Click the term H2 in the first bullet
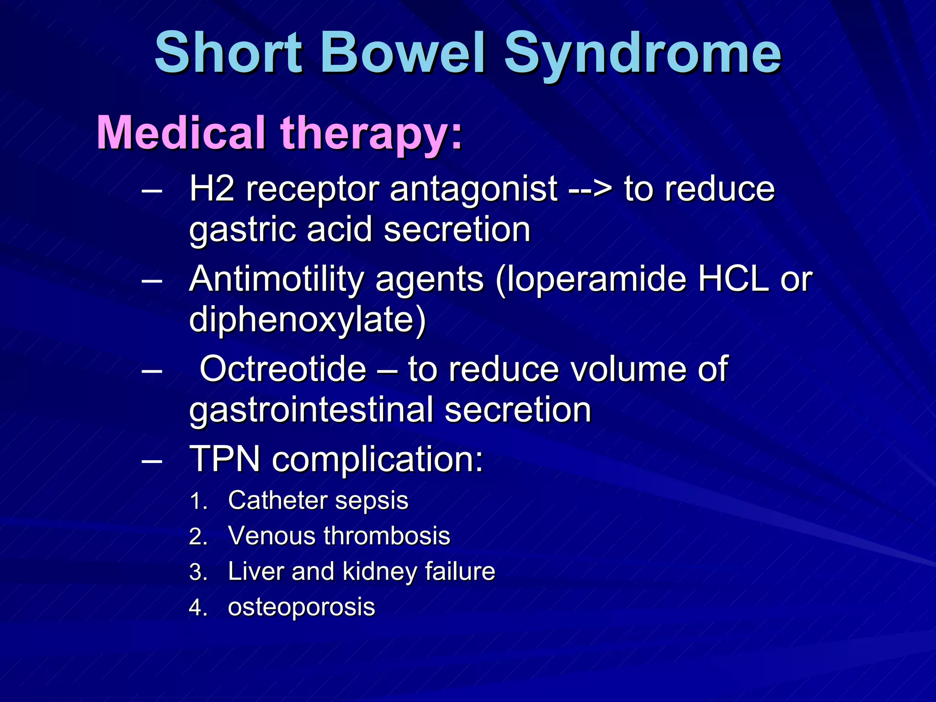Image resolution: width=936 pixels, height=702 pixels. point(212,188)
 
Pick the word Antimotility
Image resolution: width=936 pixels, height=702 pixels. point(277,279)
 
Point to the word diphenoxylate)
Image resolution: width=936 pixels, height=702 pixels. point(308,320)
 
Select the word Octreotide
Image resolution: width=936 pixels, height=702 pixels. point(283,369)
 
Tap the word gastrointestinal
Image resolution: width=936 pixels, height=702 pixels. point(311,410)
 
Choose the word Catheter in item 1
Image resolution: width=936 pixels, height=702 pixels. point(269,500)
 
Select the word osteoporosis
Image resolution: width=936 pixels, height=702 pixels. point(301,607)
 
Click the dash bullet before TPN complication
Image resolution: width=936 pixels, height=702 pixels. point(152,460)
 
